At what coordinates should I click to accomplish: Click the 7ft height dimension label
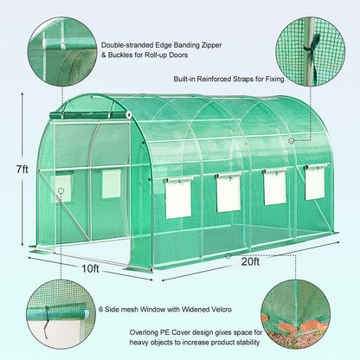(22, 169)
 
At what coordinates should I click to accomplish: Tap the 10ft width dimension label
(90, 268)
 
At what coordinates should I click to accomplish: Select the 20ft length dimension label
(251, 261)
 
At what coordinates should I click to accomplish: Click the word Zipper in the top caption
(211, 45)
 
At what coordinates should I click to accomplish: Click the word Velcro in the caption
(221, 310)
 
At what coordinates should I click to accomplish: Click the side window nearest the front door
(178, 198)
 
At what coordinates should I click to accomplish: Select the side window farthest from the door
(316, 183)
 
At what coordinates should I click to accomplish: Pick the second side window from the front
(228, 193)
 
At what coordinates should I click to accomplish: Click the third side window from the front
(274, 187)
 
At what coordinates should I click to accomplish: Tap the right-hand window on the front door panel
(112, 183)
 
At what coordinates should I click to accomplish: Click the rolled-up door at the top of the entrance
(90, 115)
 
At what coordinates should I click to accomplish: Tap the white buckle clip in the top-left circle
(62, 46)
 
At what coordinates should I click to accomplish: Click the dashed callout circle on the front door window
(61, 190)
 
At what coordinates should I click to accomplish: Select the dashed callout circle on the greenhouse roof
(291, 141)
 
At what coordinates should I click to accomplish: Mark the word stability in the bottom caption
(248, 343)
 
